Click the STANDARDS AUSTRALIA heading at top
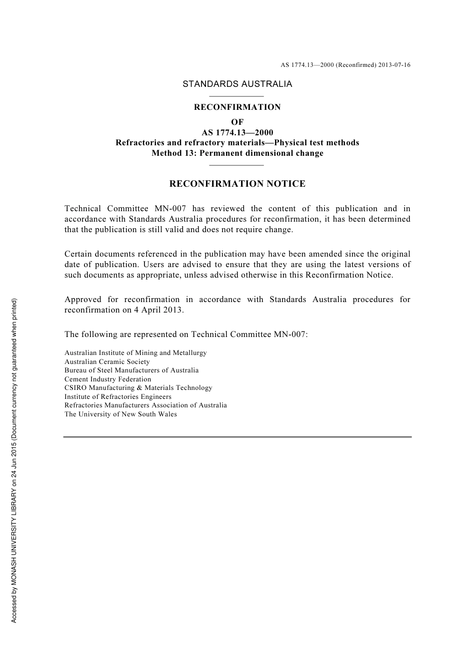(x=237, y=84)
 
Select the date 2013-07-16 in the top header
(x=394, y=65)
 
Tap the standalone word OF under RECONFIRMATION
(x=237, y=122)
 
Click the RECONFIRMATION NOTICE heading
(x=237, y=184)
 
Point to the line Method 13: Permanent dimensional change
(x=237, y=153)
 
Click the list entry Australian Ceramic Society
(x=107, y=361)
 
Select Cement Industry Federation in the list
(x=107, y=379)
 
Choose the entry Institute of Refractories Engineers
(x=118, y=396)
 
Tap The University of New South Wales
(x=120, y=414)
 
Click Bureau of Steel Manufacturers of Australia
(x=131, y=370)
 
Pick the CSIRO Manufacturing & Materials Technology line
(x=138, y=388)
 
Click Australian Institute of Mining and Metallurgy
(x=135, y=353)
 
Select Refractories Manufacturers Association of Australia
(x=145, y=405)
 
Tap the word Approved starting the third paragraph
(x=83, y=300)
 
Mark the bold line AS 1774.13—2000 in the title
(x=237, y=132)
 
